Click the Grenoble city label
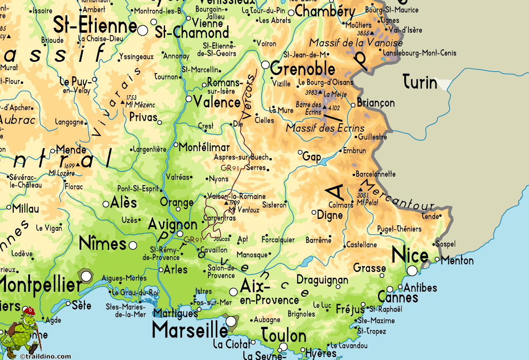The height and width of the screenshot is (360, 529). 303,69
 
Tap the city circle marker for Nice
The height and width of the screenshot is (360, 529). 412,271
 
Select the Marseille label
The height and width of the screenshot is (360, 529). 190,330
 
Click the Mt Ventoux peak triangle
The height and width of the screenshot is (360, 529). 226,203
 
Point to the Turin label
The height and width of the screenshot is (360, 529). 419,82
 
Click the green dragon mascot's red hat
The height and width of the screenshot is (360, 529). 30,311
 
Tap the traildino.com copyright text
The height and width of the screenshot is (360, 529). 45,357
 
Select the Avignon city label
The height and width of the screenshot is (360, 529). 172,224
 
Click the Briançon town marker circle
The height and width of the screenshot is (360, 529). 353,105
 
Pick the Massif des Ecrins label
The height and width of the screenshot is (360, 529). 325,127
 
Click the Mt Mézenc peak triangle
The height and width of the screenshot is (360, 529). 123,102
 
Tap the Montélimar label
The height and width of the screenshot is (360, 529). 204,147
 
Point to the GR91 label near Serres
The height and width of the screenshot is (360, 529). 230,168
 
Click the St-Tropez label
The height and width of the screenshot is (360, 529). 372,331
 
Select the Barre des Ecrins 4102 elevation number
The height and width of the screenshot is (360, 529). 336,108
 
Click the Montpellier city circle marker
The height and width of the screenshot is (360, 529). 86,277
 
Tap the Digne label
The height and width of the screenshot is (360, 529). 330,215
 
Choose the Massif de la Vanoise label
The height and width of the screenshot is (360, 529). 356,43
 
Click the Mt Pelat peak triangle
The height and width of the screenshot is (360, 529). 361,190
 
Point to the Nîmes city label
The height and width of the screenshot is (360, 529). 103,244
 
